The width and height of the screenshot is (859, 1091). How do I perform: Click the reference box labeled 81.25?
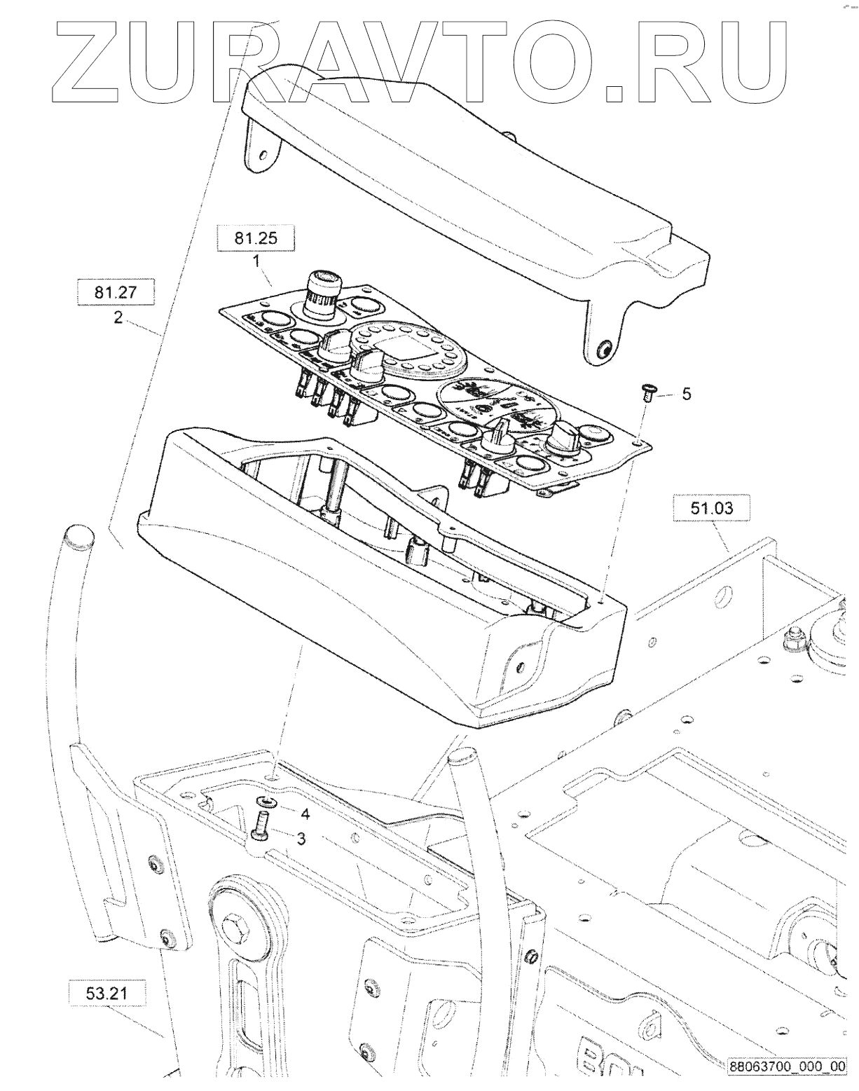click(256, 238)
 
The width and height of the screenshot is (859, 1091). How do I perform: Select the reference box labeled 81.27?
click(116, 292)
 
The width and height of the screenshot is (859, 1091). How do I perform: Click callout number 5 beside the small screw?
click(686, 394)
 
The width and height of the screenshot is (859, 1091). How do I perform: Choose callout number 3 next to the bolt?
click(300, 838)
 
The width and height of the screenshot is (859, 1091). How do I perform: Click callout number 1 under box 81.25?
click(256, 261)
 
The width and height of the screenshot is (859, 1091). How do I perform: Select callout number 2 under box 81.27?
click(118, 317)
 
